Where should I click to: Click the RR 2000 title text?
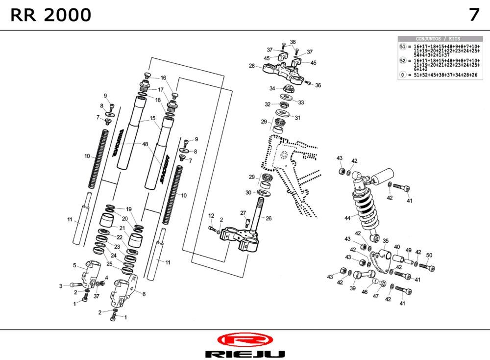(50, 15)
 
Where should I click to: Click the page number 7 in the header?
(474, 15)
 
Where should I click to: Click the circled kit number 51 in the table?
(403, 46)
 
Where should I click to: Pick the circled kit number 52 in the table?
(403, 61)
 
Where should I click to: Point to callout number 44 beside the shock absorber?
(347, 218)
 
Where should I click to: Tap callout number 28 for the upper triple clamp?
(251, 65)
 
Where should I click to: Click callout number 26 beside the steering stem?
(268, 219)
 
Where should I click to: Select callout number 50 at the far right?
(429, 255)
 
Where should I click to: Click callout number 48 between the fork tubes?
(145, 144)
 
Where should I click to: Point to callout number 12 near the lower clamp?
(211, 216)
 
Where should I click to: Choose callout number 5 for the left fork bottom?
(74, 265)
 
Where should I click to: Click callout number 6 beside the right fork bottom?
(144, 294)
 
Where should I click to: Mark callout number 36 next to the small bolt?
(318, 85)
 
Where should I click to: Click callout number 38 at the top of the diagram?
(293, 42)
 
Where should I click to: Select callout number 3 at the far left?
(61, 285)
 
